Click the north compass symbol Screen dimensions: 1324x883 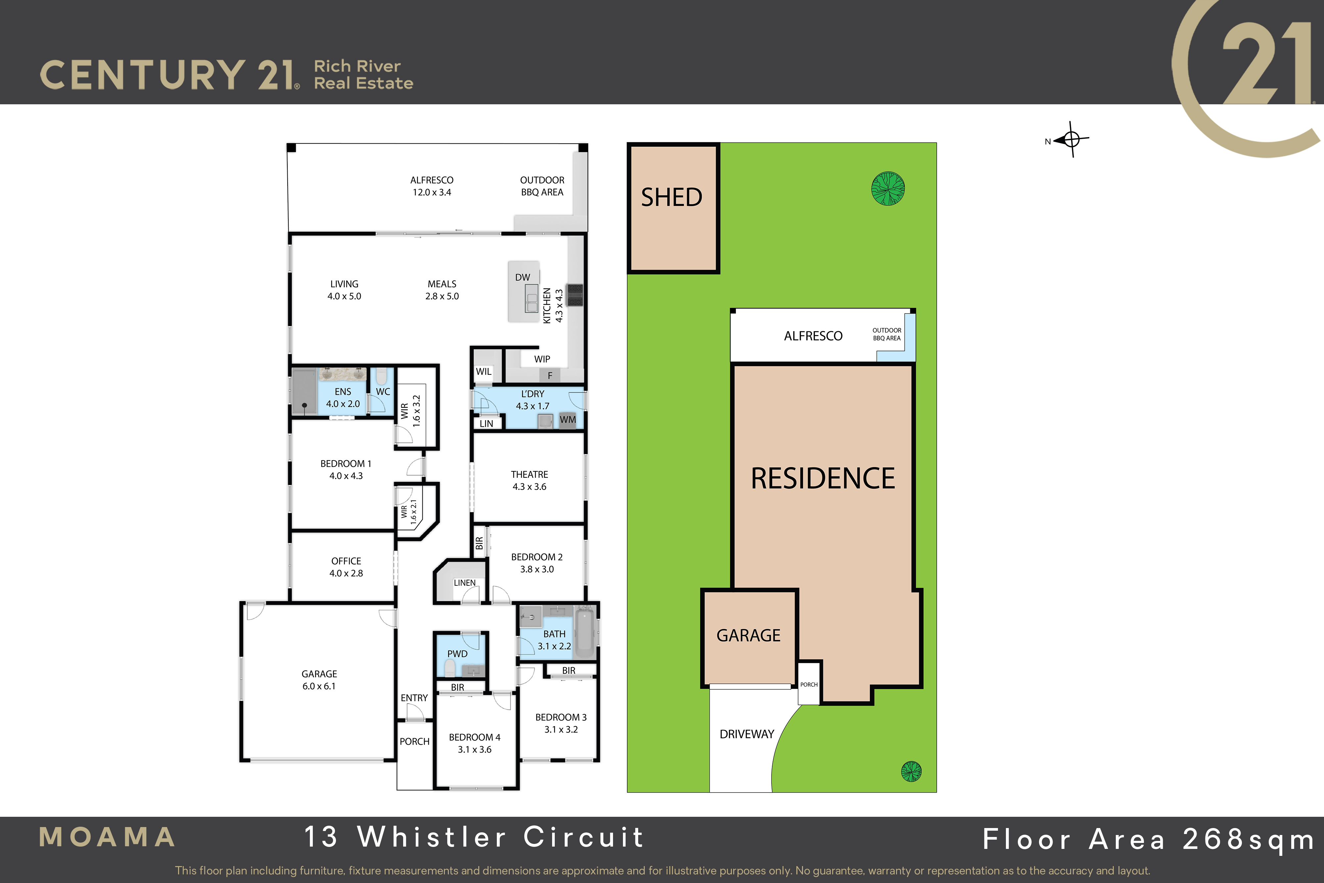[x=1071, y=139]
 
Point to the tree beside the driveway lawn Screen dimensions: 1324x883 [x=911, y=771]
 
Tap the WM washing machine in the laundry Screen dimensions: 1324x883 [x=568, y=420]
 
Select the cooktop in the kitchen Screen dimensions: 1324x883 [x=575, y=295]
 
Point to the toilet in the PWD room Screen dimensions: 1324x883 [x=450, y=668]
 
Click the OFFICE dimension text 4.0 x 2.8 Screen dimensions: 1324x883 [x=346, y=573]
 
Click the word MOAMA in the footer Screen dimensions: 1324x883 [x=107, y=837]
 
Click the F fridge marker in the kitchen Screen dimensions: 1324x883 [x=550, y=375]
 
